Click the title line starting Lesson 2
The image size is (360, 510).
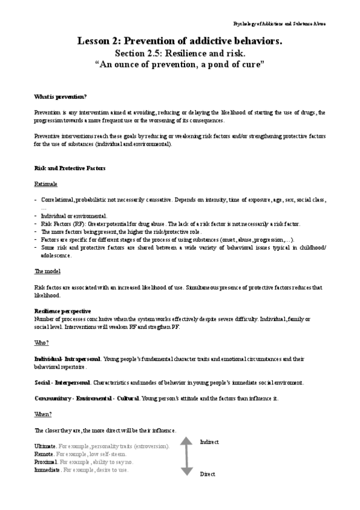coord(180,41)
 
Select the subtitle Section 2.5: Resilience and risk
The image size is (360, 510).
coord(180,54)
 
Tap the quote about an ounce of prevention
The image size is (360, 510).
coord(180,65)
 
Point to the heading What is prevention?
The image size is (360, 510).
coord(60,97)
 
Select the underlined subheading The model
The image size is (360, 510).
coord(47,271)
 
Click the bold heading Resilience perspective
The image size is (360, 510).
coord(63,310)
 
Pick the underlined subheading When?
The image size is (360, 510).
coord(43,414)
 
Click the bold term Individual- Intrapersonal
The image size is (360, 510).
coord(67,358)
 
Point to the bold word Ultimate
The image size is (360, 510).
coord(46,446)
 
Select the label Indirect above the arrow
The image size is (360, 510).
coord(209,442)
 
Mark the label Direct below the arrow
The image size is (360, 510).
coord(207,474)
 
